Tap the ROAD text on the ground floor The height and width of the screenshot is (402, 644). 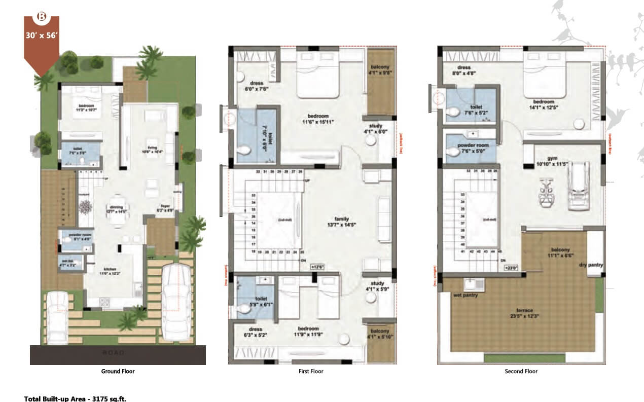coord(117,352)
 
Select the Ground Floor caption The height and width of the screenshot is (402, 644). coord(118,372)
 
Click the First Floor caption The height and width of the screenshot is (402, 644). coord(311,372)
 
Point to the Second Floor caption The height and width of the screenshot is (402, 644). coord(521,372)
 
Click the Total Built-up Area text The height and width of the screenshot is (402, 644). coord(75,398)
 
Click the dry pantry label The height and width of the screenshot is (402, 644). coord(591,265)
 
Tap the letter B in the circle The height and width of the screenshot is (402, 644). coord(42,16)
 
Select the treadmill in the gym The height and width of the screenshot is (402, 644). coord(578,186)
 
